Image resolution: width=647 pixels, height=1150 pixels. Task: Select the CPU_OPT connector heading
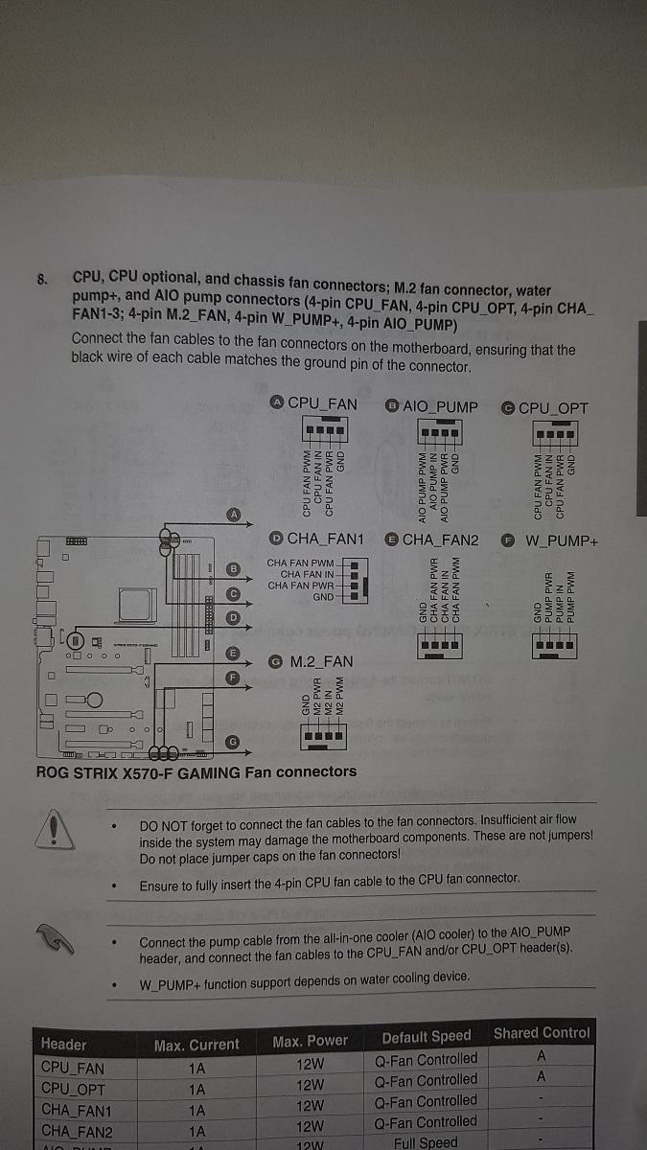coord(545,407)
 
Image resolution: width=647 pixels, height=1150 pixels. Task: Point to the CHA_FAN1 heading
coord(315,539)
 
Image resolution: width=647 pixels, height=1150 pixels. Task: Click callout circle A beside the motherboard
coord(233,514)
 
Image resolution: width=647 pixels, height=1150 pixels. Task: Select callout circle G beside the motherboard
coord(233,742)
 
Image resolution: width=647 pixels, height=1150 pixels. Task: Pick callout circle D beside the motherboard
coord(233,618)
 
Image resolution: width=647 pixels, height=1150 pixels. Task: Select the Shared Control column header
coord(542,1033)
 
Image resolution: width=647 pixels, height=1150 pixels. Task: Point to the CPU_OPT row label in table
coord(73,1089)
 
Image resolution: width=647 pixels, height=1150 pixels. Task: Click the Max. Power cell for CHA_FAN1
coord(310,1106)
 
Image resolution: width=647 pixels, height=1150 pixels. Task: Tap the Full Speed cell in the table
coord(426,1142)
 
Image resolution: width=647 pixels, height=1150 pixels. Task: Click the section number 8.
coord(41,280)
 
